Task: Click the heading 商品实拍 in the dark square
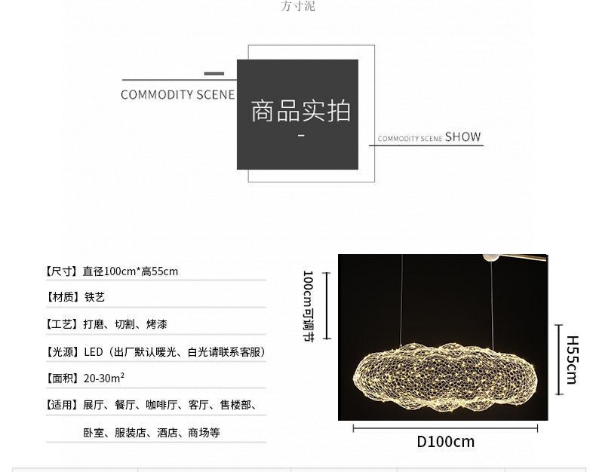point(300,111)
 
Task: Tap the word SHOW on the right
point(462,136)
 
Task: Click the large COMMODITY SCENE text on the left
point(177,95)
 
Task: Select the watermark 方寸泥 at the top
point(298,6)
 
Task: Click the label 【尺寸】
point(61,271)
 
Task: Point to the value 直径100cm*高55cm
point(131,271)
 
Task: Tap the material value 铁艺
point(94,297)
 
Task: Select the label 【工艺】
point(61,324)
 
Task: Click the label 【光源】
point(61,352)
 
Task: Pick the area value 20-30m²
point(104,378)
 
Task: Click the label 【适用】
point(61,405)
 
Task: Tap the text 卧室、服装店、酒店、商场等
point(152,433)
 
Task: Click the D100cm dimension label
point(445,442)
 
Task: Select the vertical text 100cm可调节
point(309,306)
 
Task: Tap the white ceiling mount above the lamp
point(491,258)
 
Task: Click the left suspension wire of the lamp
point(401,300)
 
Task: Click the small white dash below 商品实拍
point(301,135)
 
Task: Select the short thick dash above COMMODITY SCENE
point(214,74)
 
